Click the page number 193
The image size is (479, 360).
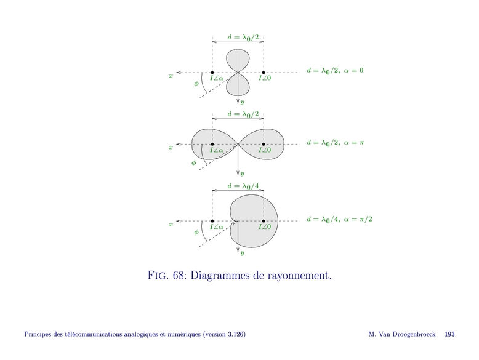tap(449, 334)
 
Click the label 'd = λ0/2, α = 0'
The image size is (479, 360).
tap(335, 70)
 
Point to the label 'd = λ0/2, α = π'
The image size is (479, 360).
tap(336, 142)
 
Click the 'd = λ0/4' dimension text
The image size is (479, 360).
tap(238, 186)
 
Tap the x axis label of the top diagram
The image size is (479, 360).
tap(171, 76)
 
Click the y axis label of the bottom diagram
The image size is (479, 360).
tap(243, 252)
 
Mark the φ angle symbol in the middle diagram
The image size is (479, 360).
tap(193, 163)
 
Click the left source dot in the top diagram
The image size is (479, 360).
tap(212, 73)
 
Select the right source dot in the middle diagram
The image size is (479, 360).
tap(264, 145)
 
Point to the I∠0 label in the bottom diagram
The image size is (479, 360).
tap(264, 226)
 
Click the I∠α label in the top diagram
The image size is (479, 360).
tap(217, 78)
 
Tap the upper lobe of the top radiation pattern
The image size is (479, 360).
tap(238, 60)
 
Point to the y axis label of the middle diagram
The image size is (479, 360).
tap(243, 174)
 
